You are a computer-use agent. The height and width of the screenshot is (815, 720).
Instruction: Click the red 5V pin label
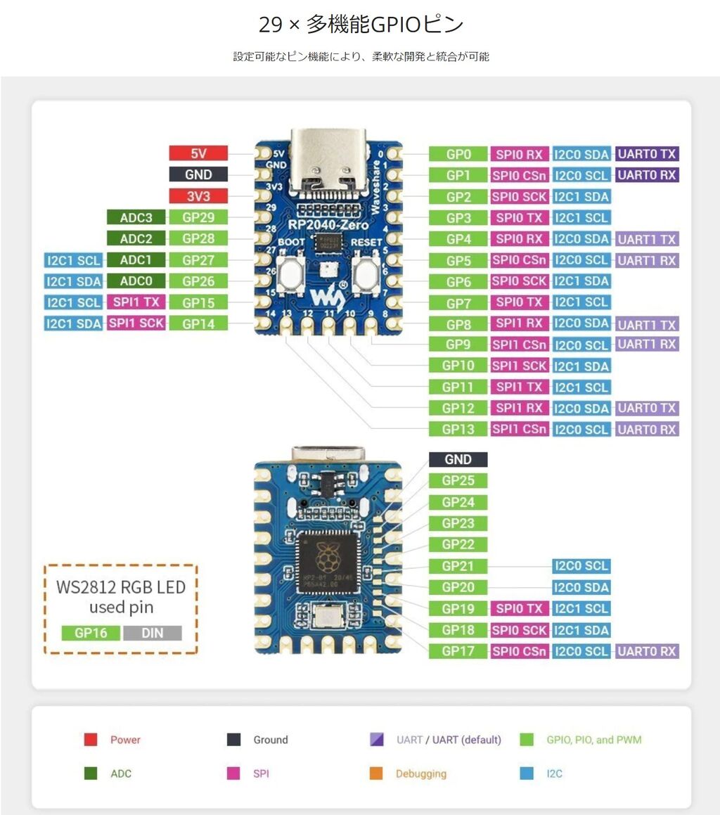tap(198, 153)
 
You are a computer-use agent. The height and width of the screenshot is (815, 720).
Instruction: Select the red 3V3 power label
tap(198, 196)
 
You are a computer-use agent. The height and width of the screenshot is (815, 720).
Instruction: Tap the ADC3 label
tap(136, 217)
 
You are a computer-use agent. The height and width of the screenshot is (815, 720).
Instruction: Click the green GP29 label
tap(198, 217)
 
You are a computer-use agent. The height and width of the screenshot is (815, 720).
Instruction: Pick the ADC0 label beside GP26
tap(136, 281)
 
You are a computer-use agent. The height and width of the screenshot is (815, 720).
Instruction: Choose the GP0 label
tap(458, 154)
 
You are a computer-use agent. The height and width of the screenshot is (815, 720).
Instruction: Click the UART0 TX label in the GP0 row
tap(647, 154)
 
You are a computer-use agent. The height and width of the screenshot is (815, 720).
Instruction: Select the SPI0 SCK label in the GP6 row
tap(520, 281)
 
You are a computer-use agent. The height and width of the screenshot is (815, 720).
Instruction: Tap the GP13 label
tap(458, 429)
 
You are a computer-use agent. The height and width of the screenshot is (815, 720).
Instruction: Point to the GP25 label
tap(458, 481)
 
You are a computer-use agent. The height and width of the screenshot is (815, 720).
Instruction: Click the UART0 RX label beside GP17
tap(647, 651)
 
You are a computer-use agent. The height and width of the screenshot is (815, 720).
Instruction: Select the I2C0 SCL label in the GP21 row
tap(581, 566)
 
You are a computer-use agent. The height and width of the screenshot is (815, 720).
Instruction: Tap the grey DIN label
tap(152, 633)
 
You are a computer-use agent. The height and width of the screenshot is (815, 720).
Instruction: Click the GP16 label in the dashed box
tap(91, 633)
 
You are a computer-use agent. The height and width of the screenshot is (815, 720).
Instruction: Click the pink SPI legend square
tap(233, 774)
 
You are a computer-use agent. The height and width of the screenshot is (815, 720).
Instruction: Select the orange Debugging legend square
tap(376, 774)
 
